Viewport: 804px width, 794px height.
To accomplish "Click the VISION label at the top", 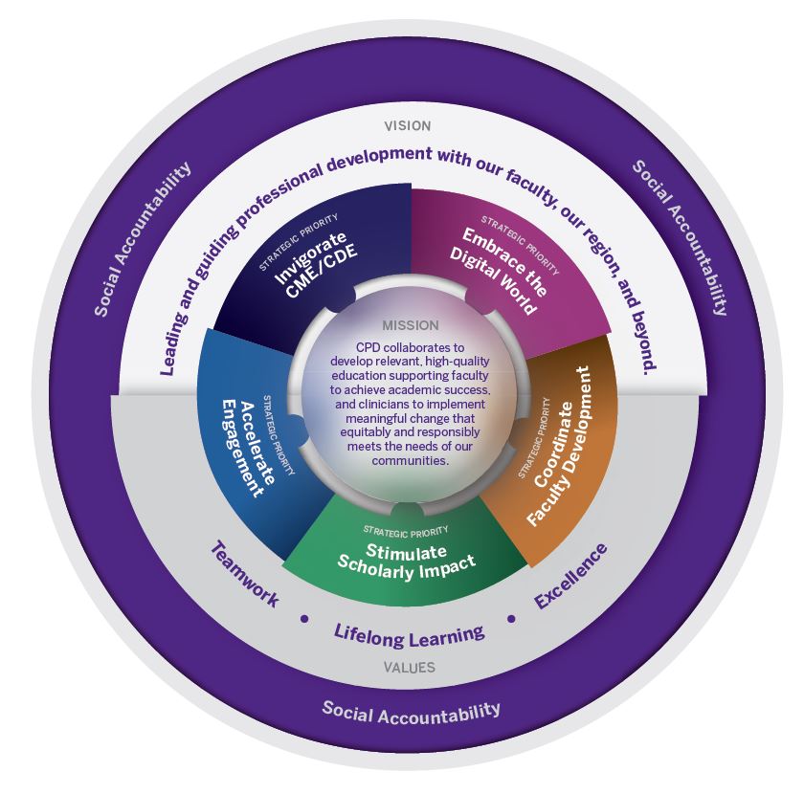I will tap(407, 125).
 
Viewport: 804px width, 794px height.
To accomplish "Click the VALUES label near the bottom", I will tap(409, 668).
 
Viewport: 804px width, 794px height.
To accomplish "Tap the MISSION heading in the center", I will tap(410, 325).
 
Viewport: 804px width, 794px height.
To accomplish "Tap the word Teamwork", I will tap(244, 575).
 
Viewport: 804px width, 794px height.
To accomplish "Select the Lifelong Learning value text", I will tap(409, 632).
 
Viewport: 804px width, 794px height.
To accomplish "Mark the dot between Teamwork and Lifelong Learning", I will tap(304, 618).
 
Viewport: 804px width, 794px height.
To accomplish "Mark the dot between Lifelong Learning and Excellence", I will tap(511, 618).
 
